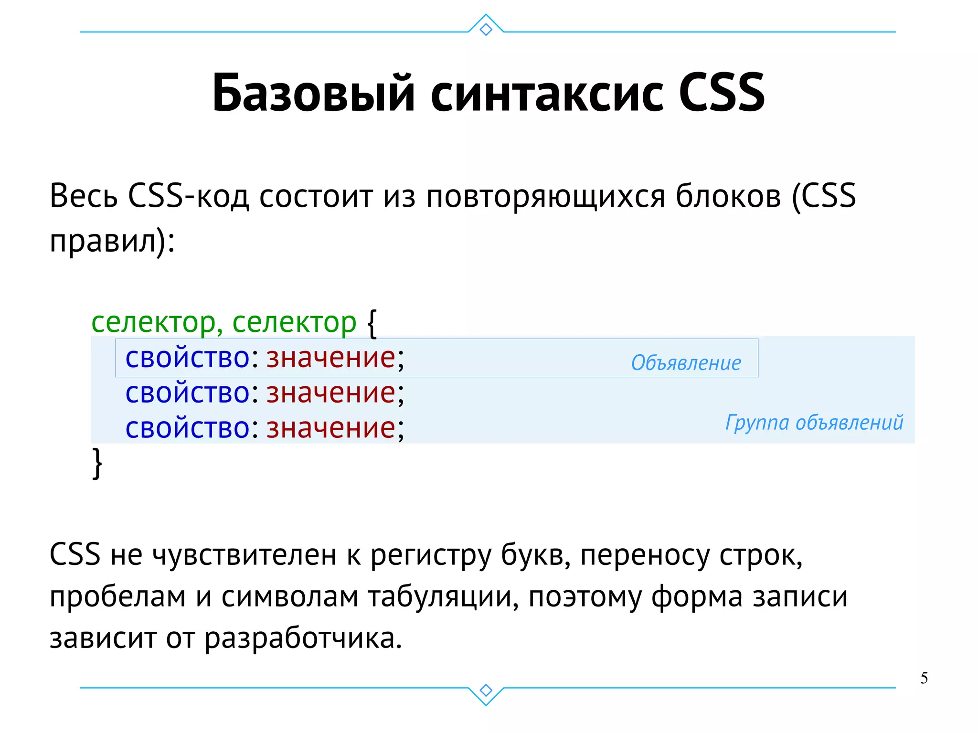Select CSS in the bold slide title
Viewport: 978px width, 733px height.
pos(721,93)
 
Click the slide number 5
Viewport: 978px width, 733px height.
pos(924,678)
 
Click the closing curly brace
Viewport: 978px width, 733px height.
pos(97,462)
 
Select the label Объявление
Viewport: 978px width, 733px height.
pos(686,363)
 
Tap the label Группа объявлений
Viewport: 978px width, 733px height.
pos(814,423)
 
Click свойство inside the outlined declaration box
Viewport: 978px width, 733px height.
pos(187,358)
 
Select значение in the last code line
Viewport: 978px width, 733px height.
pos(331,427)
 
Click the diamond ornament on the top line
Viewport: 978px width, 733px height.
pos(486,29)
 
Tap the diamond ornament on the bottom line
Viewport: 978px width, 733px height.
pos(486,690)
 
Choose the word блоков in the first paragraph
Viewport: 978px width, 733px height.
pos(728,196)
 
